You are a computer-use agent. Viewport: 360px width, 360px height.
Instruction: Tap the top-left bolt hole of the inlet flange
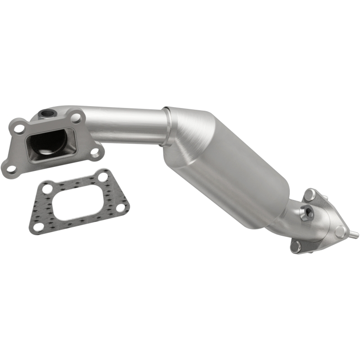coord(19,129)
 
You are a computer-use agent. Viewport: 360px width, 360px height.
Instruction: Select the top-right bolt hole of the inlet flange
coord(76,118)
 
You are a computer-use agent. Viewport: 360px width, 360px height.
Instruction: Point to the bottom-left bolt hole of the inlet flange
coord(10,169)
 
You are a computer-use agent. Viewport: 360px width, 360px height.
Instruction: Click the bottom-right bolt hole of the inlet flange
coord(95,152)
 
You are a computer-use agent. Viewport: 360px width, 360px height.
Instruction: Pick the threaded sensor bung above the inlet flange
coord(47,112)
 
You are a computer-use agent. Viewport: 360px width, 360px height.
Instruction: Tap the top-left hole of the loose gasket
coord(45,188)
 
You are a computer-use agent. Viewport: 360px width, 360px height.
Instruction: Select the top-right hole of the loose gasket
coord(103,177)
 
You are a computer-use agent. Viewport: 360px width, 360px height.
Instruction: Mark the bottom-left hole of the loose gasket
coord(39,226)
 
